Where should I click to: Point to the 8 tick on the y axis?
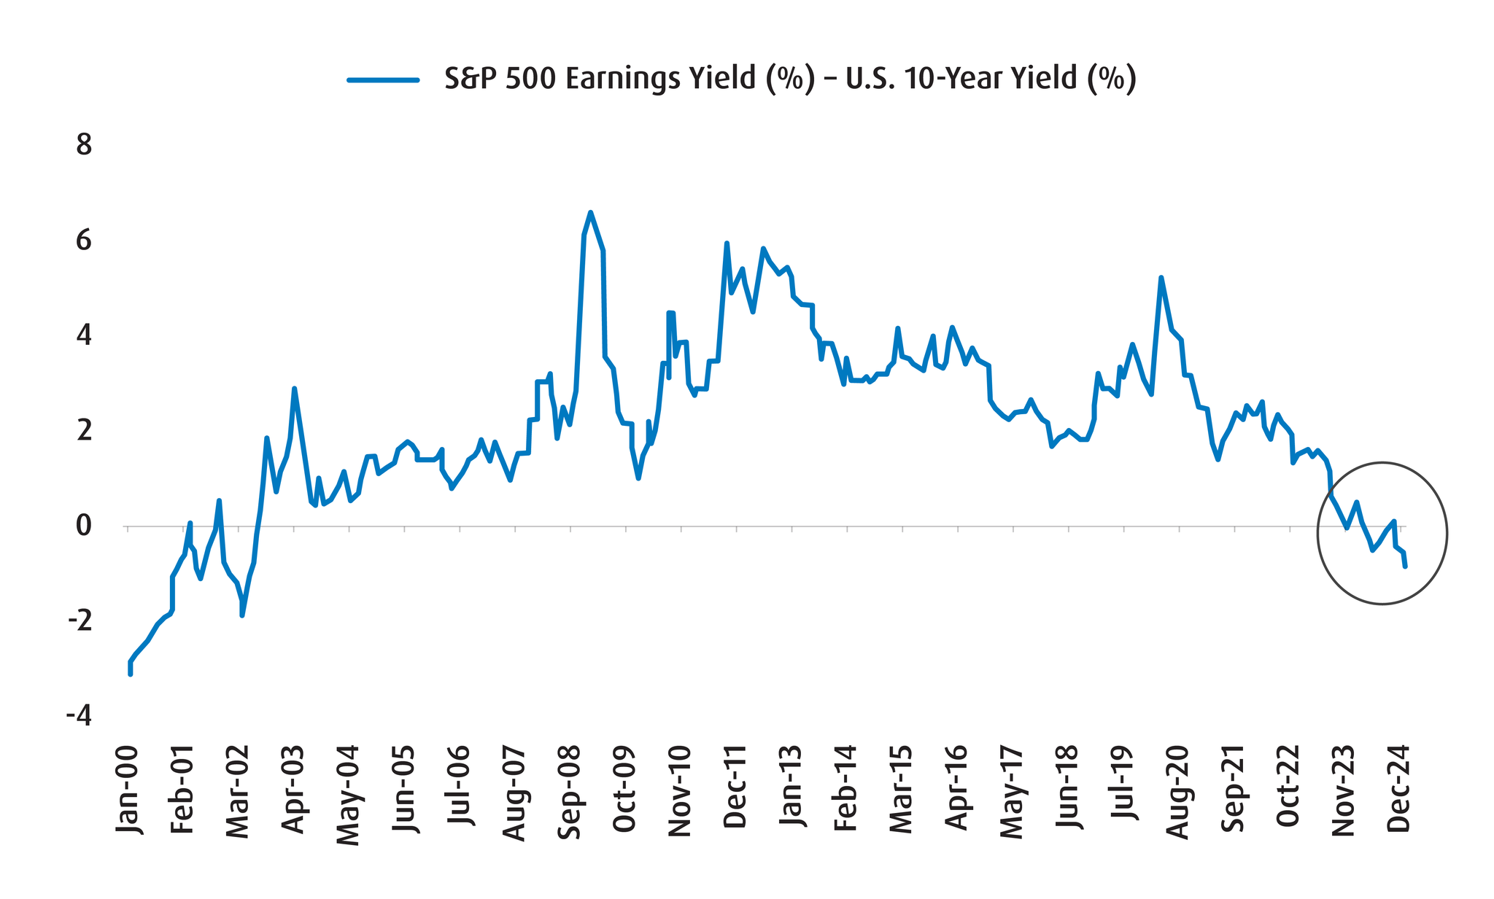(x=85, y=145)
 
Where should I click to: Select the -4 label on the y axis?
(x=80, y=716)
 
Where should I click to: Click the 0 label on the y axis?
(x=85, y=526)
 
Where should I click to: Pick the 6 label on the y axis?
(x=85, y=241)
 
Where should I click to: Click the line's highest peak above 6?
(x=590, y=212)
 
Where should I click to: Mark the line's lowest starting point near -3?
(x=130, y=674)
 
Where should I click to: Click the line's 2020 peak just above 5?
(x=1161, y=277)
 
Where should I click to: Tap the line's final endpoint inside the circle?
(x=1405, y=566)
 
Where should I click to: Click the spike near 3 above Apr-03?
(x=294, y=389)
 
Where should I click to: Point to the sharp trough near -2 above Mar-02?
(x=242, y=615)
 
